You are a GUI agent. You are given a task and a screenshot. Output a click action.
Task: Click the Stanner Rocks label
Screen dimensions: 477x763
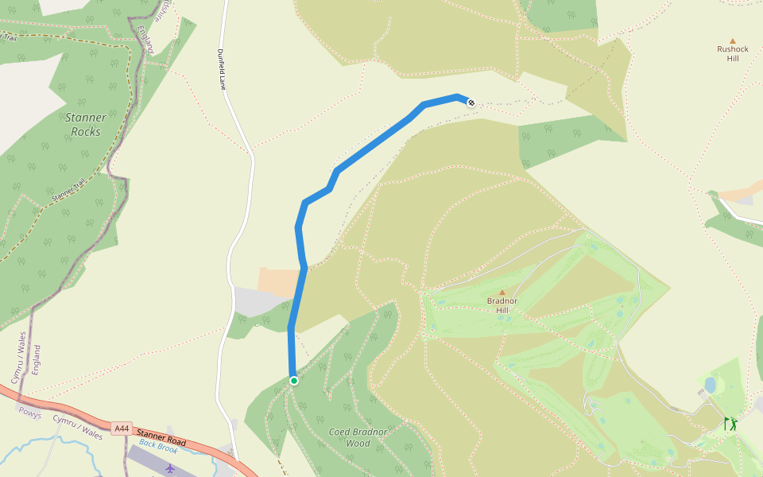pyautogui.click(x=85, y=124)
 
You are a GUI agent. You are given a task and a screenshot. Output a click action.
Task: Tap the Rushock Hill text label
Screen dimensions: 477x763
pyautogui.click(x=732, y=53)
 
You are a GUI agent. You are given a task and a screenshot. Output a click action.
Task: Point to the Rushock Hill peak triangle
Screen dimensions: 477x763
pyautogui.click(x=732, y=41)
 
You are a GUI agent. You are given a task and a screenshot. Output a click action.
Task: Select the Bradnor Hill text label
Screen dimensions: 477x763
pyautogui.click(x=502, y=305)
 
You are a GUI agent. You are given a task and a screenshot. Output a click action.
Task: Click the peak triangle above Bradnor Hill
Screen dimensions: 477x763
pyautogui.click(x=502, y=293)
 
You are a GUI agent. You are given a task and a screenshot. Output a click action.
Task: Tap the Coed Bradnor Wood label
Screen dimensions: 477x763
pyautogui.click(x=358, y=437)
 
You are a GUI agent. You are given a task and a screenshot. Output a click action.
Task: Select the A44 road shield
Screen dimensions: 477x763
pyautogui.click(x=122, y=429)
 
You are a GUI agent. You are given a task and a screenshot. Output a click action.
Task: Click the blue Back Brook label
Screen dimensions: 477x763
pyautogui.click(x=158, y=448)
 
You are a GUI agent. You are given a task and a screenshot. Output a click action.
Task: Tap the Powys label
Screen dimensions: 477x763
pyautogui.click(x=30, y=413)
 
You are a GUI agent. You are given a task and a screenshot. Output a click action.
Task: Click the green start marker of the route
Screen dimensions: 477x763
pyautogui.click(x=293, y=381)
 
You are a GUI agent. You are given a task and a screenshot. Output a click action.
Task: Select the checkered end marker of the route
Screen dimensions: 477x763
pyautogui.click(x=471, y=102)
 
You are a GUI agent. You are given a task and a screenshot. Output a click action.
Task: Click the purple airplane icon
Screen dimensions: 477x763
pyautogui.click(x=169, y=468)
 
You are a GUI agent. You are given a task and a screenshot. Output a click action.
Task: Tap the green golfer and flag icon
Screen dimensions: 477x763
pyautogui.click(x=730, y=425)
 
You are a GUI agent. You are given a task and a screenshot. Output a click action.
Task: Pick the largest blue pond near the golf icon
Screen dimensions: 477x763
pyautogui.click(x=710, y=385)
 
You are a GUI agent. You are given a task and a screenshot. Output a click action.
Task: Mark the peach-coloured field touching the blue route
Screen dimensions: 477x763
pyautogui.click(x=278, y=282)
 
